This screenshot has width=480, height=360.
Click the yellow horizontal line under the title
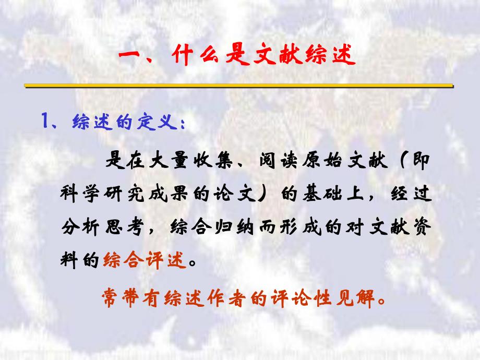(239, 85)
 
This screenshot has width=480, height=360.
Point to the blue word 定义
(162, 123)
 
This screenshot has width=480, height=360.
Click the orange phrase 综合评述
(144, 260)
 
